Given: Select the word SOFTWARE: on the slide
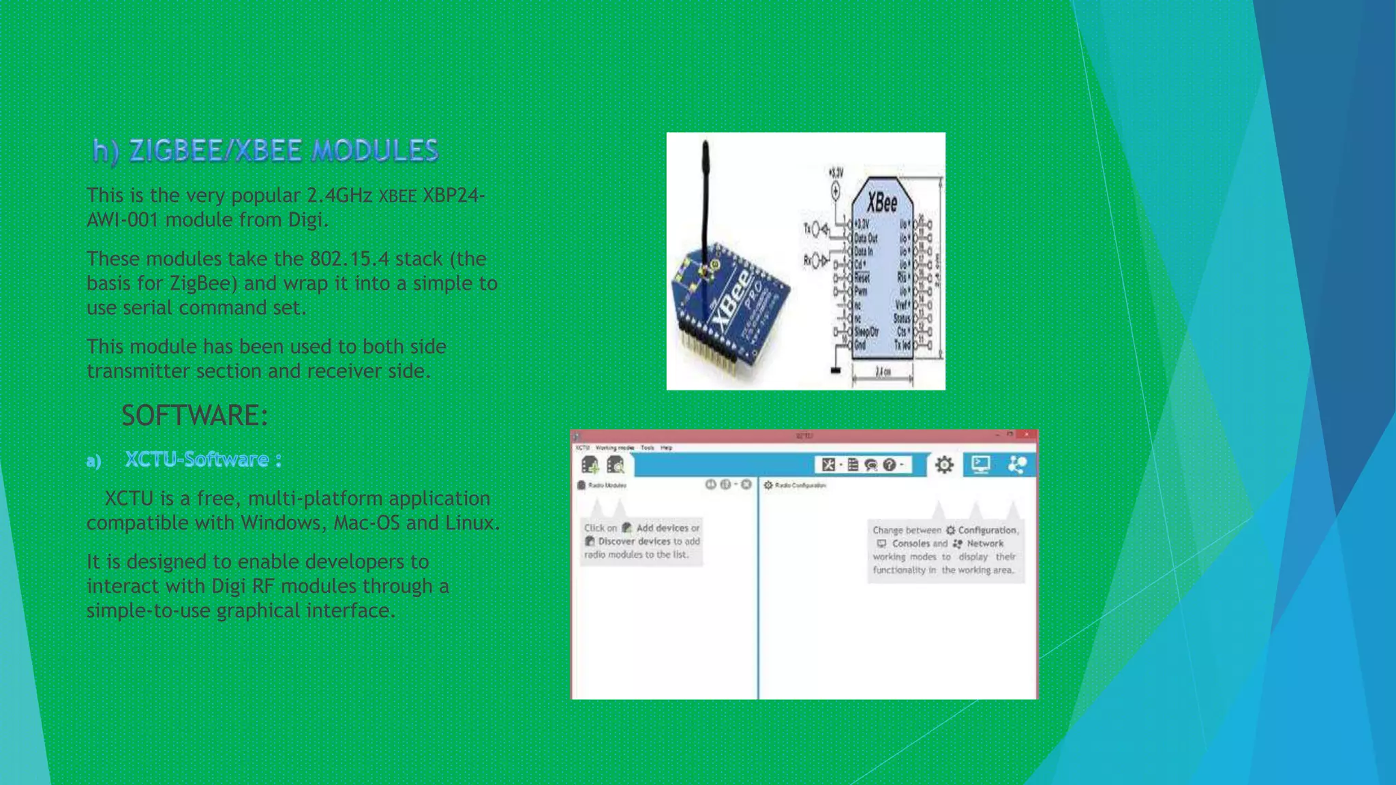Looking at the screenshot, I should click(195, 416).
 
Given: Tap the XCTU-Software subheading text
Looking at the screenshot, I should click(197, 460).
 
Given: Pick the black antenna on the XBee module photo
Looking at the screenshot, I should click(705, 198).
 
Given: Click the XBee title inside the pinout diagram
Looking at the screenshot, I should click(882, 202).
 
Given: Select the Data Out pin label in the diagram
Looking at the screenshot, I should click(866, 238).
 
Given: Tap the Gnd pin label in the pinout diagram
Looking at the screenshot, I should click(860, 345).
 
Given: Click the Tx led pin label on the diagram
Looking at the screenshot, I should click(902, 345).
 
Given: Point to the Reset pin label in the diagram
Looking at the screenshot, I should click(862, 278).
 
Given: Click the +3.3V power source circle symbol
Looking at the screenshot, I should click(836, 192).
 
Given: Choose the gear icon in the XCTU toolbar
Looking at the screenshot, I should click(944, 465).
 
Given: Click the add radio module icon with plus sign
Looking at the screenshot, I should click(590, 465).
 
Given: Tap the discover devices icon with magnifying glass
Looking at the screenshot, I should click(616, 465).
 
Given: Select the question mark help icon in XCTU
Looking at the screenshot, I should click(890, 465).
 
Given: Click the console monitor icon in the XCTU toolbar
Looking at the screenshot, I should click(981, 465).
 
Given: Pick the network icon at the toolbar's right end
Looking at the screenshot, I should click(1017, 465).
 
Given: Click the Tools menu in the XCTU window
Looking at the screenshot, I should click(647, 448).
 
